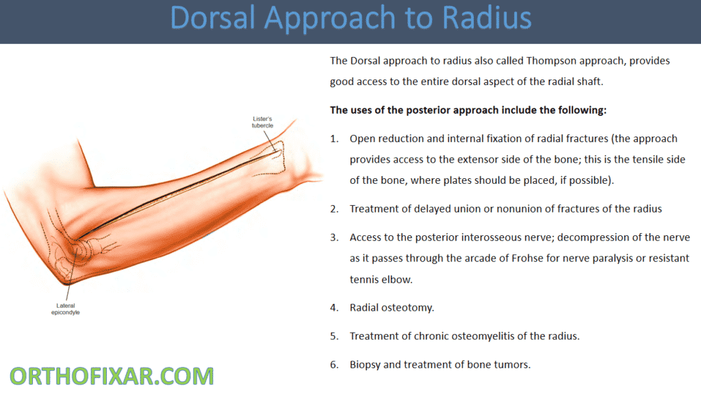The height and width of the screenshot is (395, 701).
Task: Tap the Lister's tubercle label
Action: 262,121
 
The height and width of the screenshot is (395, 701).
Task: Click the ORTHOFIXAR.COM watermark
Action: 112,376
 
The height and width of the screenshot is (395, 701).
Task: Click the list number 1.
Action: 334,139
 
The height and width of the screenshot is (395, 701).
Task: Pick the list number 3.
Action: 334,237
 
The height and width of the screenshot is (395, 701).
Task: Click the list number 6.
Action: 334,364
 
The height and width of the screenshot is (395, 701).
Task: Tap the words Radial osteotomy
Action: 392,308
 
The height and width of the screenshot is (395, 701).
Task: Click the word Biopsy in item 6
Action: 365,364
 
